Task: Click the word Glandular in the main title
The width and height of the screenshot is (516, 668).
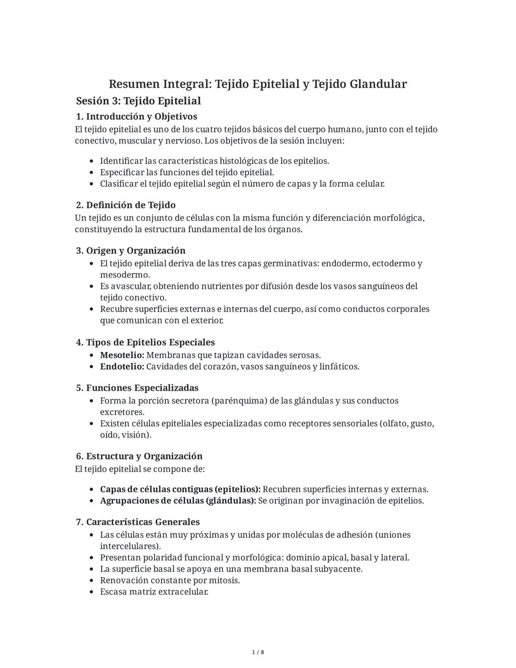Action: point(378,84)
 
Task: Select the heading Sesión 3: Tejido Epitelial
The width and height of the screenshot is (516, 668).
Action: point(138,101)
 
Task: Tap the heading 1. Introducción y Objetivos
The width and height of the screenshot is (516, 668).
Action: point(137,116)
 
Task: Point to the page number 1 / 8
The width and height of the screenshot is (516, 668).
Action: point(258,652)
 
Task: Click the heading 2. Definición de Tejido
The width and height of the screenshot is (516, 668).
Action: point(126,205)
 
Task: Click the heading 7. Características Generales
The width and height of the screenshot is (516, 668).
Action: point(138,522)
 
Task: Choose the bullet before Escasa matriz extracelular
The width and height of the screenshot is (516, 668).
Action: point(91,592)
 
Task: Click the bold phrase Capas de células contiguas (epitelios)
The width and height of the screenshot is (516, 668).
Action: point(180,490)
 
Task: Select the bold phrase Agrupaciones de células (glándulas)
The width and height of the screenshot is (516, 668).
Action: point(178,501)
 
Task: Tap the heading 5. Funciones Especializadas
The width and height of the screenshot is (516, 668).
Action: point(137,388)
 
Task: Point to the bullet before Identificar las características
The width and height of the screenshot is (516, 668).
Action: point(91,161)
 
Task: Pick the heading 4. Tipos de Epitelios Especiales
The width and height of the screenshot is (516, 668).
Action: point(145,342)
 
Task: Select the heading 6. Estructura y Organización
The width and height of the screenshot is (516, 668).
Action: point(139,456)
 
